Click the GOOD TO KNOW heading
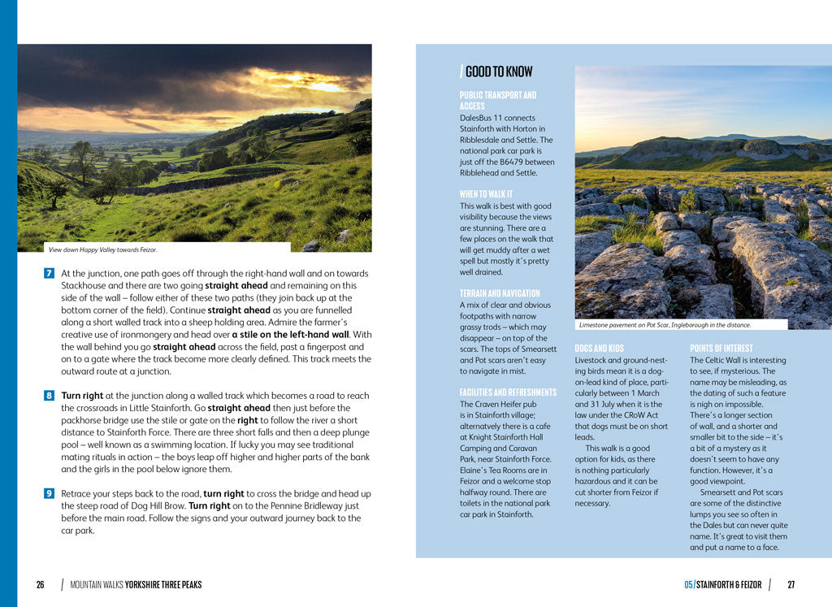click(x=497, y=72)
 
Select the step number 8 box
click(x=49, y=396)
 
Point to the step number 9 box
click(x=49, y=493)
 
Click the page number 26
click(x=40, y=585)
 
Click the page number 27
click(x=791, y=585)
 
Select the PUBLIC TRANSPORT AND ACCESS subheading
click(x=497, y=101)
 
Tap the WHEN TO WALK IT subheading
click(x=486, y=194)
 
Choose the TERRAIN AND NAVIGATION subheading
click(x=499, y=293)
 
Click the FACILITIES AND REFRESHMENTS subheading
click(x=508, y=392)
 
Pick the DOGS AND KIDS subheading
click(x=599, y=349)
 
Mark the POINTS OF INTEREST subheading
click(x=721, y=349)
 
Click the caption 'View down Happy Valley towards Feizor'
click(x=102, y=250)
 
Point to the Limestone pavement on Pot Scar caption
click(x=665, y=325)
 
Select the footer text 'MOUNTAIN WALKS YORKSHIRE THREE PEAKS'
click(x=136, y=585)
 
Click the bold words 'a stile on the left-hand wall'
click(x=291, y=335)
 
